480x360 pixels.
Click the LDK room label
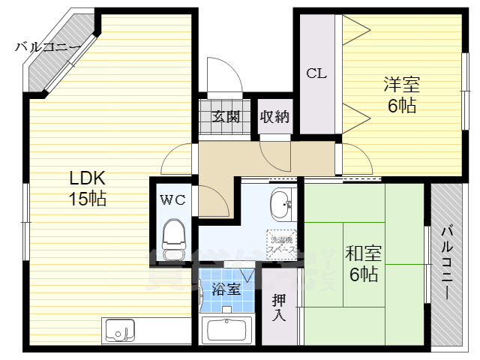tap(88, 178)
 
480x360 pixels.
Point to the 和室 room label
tap(361, 253)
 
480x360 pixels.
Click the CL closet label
tap(316, 73)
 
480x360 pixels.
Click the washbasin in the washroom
tap(281, 202)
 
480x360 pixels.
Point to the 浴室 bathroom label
tap(226, 289)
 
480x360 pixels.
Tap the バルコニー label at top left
tap(48, 47)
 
